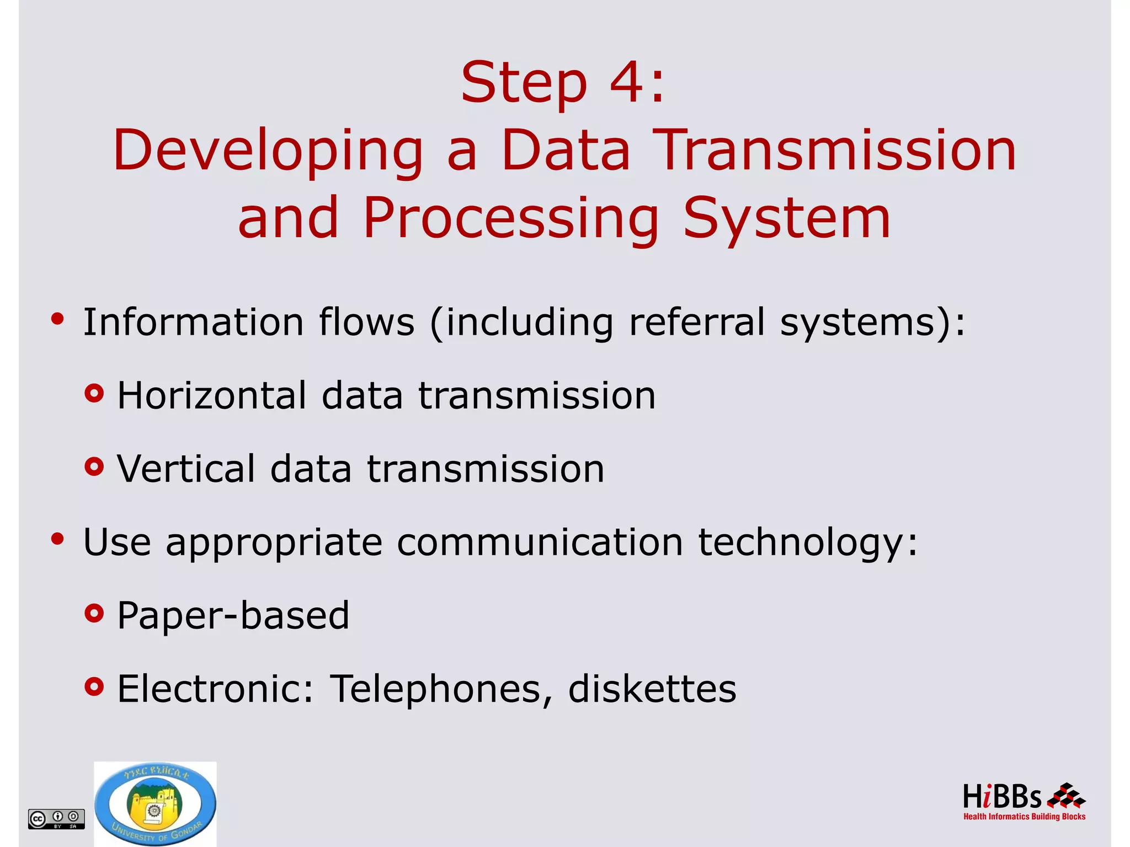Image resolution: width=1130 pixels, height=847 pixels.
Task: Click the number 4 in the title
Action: pos(626,83)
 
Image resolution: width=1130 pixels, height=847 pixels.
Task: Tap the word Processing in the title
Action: pos(511,219)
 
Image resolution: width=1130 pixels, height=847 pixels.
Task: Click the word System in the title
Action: pos(787,219)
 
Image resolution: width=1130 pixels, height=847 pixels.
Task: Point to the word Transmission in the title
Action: pos(837,150)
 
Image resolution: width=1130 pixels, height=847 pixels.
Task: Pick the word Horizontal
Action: pos(212,395)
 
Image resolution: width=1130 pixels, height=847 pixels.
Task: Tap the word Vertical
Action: pos(186,469)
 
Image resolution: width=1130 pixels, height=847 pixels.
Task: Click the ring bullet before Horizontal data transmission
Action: pos(94,394)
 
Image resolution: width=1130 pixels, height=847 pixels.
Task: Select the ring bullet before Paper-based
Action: pos(94,613)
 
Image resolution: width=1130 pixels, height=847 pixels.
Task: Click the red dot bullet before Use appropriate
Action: pos(57,539)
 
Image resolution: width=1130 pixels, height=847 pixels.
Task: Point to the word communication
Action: pos(540,542)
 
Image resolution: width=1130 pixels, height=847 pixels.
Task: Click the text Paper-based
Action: pos(233,615)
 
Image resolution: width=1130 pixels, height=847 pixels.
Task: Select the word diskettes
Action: pos(652,689)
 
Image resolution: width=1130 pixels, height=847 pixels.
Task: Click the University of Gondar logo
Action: pos(155,805)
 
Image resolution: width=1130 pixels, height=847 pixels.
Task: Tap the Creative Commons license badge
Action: pos(56,819)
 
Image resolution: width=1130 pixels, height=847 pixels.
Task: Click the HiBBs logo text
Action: pos(1002,797)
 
